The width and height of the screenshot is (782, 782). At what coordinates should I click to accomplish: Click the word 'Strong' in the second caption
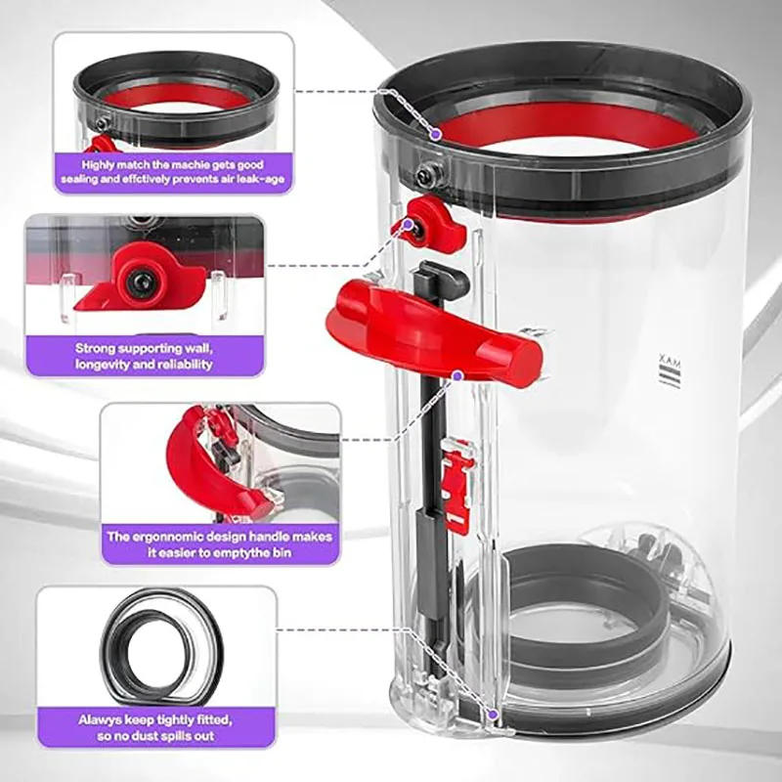pos(97,348)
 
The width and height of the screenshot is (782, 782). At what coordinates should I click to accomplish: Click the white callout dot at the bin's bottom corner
pos(496,717)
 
